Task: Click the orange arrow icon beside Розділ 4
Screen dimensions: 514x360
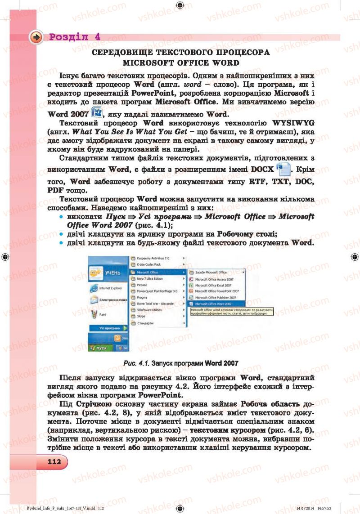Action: pyautogui.click(x=36, y=37)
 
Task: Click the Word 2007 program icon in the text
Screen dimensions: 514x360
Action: pyautogui.click(x=97, y=112)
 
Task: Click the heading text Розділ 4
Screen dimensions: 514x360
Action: pyautogui.click(x=75, y=37)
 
